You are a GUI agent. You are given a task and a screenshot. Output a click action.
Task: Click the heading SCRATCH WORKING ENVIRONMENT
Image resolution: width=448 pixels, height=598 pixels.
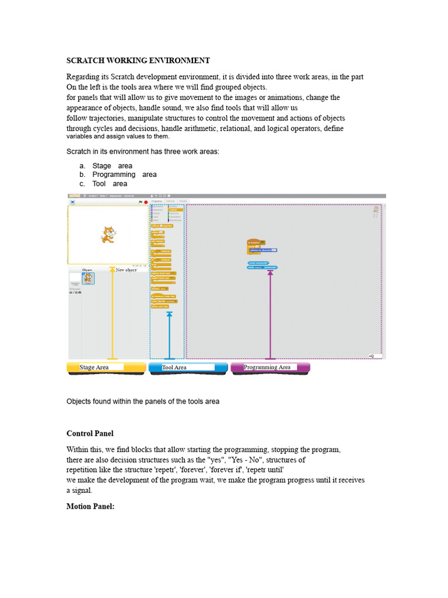(138, 61)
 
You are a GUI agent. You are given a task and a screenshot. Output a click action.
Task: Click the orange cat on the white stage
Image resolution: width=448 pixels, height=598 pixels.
(108, 235)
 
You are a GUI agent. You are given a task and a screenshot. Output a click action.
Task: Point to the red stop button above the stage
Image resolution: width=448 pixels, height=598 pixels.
(145, 202)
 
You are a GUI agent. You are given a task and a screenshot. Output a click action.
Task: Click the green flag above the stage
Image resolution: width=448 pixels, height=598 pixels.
(139, 202)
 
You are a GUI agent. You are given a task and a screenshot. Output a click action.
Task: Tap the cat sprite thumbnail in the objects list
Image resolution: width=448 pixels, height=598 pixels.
(87, 278)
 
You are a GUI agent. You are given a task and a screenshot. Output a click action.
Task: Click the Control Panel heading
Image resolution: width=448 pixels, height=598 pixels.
(90, 433)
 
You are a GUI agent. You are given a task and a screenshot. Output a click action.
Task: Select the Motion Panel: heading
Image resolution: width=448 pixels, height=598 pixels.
(90, 506)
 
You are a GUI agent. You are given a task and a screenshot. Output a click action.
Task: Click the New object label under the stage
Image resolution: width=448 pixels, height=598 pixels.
(126, 270)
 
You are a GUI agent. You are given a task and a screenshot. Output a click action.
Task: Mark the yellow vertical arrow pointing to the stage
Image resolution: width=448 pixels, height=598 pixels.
(113, 315)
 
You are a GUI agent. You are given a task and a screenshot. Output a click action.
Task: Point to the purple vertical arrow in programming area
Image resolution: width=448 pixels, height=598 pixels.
(270, 315)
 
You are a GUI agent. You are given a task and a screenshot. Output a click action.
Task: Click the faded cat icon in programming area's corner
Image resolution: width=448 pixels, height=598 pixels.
(376, 210)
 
